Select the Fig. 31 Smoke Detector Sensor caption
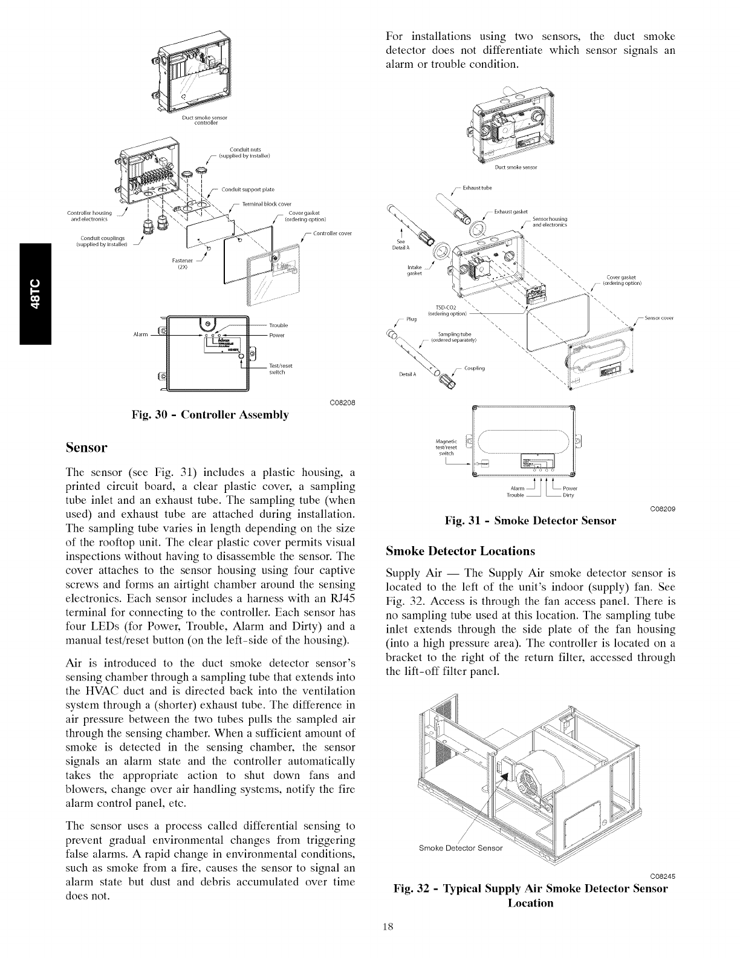click(530, 521)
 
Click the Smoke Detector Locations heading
click(461, 552)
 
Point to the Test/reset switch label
click(281, 369)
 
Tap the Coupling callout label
click(475, 368)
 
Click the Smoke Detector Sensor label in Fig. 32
click(460, 848)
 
